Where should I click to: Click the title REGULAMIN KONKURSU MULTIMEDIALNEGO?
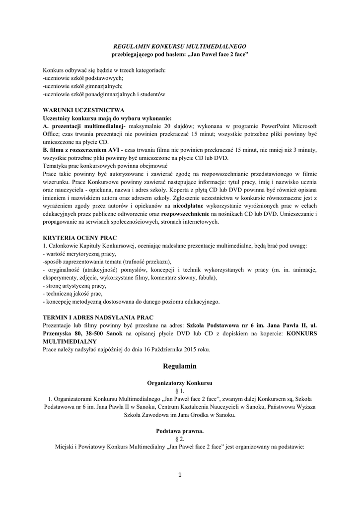pos(180,45)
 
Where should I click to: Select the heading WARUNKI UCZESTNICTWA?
pos(83,110)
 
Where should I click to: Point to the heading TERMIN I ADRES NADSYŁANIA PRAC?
pos(98,317)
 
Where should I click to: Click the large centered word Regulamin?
pos(180,366)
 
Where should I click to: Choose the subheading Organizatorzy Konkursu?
pos(180,383)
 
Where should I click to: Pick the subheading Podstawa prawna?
pos(180,431)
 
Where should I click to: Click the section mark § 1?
pos(180,391)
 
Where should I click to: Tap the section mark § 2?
pos(180,439)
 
